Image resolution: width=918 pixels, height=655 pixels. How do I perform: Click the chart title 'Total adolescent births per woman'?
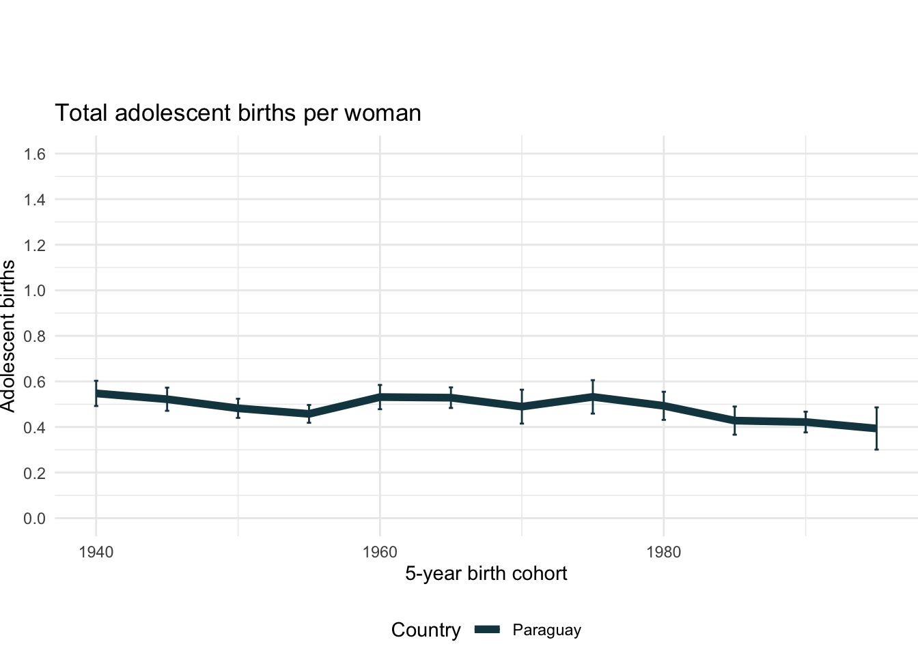pyautogui.click(x=238, y=113)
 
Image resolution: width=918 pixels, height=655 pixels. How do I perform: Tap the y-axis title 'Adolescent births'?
pyautogui.click(x=8, y=336)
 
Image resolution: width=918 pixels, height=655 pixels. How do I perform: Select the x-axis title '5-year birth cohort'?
pyautogui.click(x=486, y=573)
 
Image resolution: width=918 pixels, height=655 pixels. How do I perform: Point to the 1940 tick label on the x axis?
pyautogui.click(x=96, y=552)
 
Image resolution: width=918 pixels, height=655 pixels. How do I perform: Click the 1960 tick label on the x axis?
pyautogui.click(x=380, y=552)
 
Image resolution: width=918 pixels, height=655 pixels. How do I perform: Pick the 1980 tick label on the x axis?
pyautogui.click(x=664, y=552)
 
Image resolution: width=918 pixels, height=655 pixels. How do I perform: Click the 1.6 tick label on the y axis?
pyautogui.click(x=34, y=154)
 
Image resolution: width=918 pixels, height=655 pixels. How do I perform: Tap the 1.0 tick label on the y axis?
pyautogui.click(x=34, y=291)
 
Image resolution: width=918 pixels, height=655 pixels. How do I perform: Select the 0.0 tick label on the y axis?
pyautogui.click(x=34, y=519)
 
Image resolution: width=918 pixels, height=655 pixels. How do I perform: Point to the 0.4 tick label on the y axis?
pyautogui.click(x=34, y=427)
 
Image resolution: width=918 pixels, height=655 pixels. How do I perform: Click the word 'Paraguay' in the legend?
pyautogui.click(x=546, y=630)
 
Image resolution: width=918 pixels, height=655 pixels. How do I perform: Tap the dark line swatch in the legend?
pyautogui.click(x=488, y=630)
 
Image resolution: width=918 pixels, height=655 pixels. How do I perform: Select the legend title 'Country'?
pyautogui.click(x=426, y=630)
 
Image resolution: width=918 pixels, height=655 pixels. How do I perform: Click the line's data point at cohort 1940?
pyautogui.click(x=96, y=394)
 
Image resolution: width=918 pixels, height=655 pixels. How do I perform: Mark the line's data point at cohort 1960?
pyautogui.click(x=380, y=397)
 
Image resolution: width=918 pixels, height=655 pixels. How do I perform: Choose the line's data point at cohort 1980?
pyautogui.click(x=664, y=406)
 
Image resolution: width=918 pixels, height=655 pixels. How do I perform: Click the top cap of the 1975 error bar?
pyautogui.click(x=593, y=380)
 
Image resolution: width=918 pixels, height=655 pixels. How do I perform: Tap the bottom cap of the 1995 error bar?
pyautogui.click(x=876, y=449)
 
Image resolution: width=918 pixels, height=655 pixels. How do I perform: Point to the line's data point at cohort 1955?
pyautogui.click(x=309, y=414)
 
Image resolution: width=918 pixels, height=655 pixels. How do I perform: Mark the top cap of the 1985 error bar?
pyautogui.click(x=735, y=407)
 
